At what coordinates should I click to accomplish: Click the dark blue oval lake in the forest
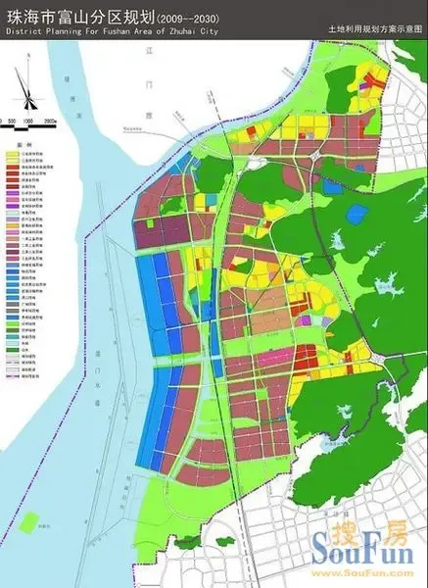(334, 186)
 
